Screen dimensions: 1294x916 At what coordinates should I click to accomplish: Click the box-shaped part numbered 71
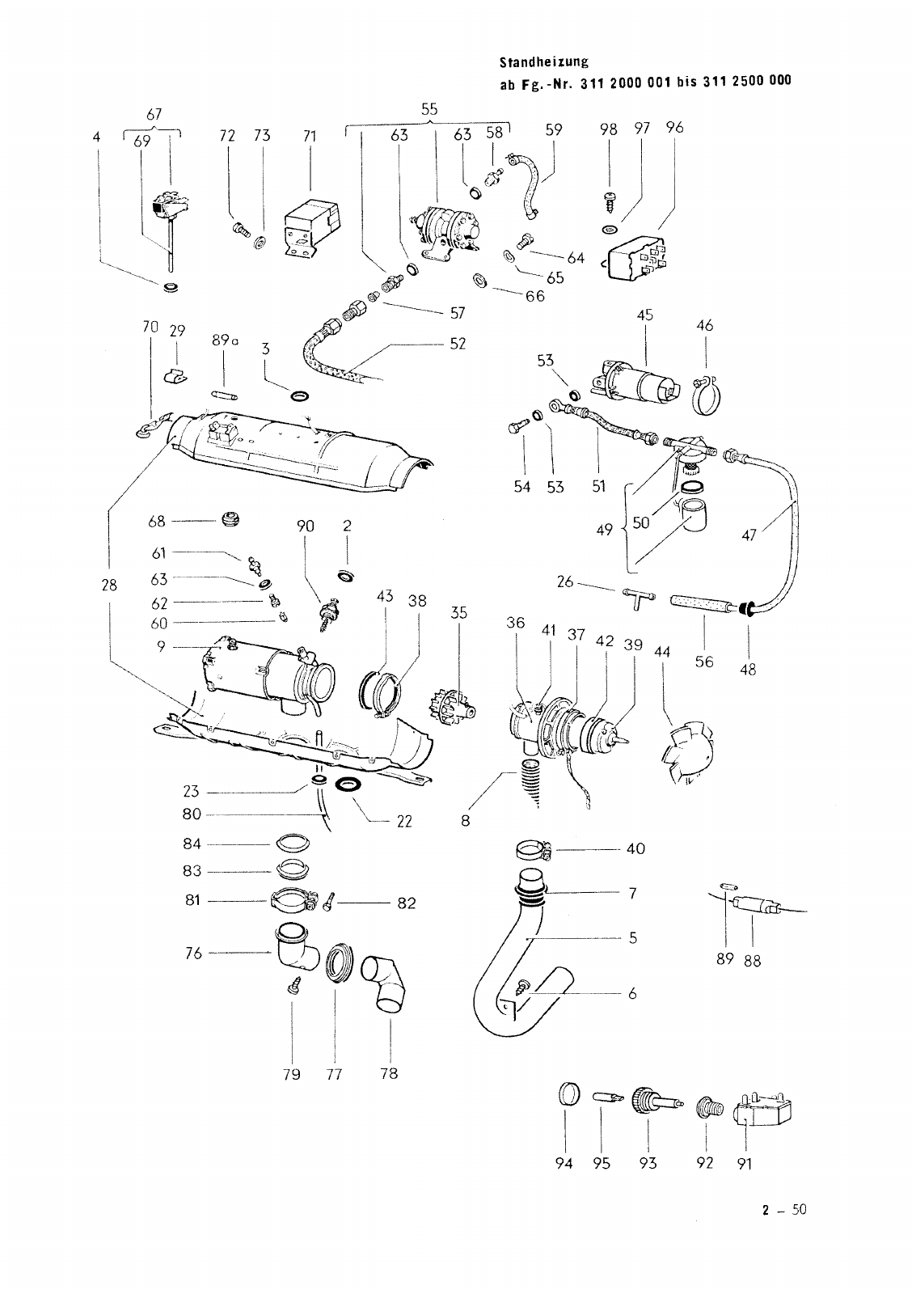click(x=310, y=225)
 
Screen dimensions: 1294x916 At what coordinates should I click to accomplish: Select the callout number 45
click(x=644, y=315)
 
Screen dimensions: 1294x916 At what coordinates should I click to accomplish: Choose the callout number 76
click(x=193, y=953)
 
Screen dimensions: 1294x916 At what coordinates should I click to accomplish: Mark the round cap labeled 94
click(x=569, y=1096)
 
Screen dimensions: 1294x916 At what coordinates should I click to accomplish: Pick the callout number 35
click(x=459, y=613)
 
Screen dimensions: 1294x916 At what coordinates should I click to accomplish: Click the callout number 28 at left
click(x=110, y=585)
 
